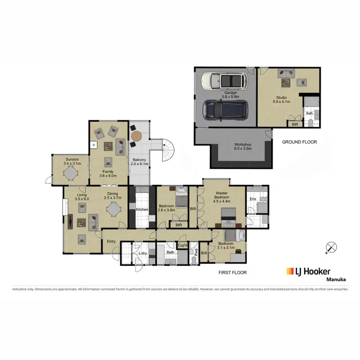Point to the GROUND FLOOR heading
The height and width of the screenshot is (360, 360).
tap(300, 142)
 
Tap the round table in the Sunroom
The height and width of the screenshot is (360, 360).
tap(71, 172)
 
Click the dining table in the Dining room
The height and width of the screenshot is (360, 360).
tap(113, 209)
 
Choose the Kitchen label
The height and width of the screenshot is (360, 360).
tap(142, 210)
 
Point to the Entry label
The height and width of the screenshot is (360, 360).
tap(111, 241)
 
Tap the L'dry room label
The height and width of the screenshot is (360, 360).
tap(142, 253)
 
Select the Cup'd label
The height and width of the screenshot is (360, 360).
tap(182, 246)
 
